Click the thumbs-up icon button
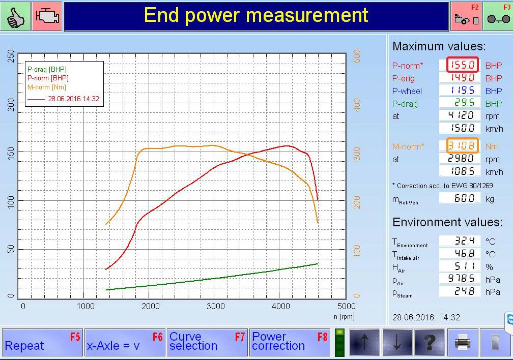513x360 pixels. point(15,16)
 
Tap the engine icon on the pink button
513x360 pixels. point(47,16)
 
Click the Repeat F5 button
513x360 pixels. point(43,342)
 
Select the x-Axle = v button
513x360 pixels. point(125,342)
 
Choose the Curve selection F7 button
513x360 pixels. point(208,342)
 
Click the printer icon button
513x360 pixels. point(462,342)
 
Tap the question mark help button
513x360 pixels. point(430,342)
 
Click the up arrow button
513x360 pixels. point(364,342)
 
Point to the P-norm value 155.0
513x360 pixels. point(463,65)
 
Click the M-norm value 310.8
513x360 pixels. point(462,145)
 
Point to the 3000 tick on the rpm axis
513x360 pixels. point(216,307)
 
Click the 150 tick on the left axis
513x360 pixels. point(11,152)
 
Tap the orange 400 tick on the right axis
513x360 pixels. point(357,105)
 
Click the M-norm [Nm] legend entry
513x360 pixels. point(47,87)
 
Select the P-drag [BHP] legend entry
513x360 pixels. point(47,69)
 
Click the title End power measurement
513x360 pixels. point(256,15)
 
